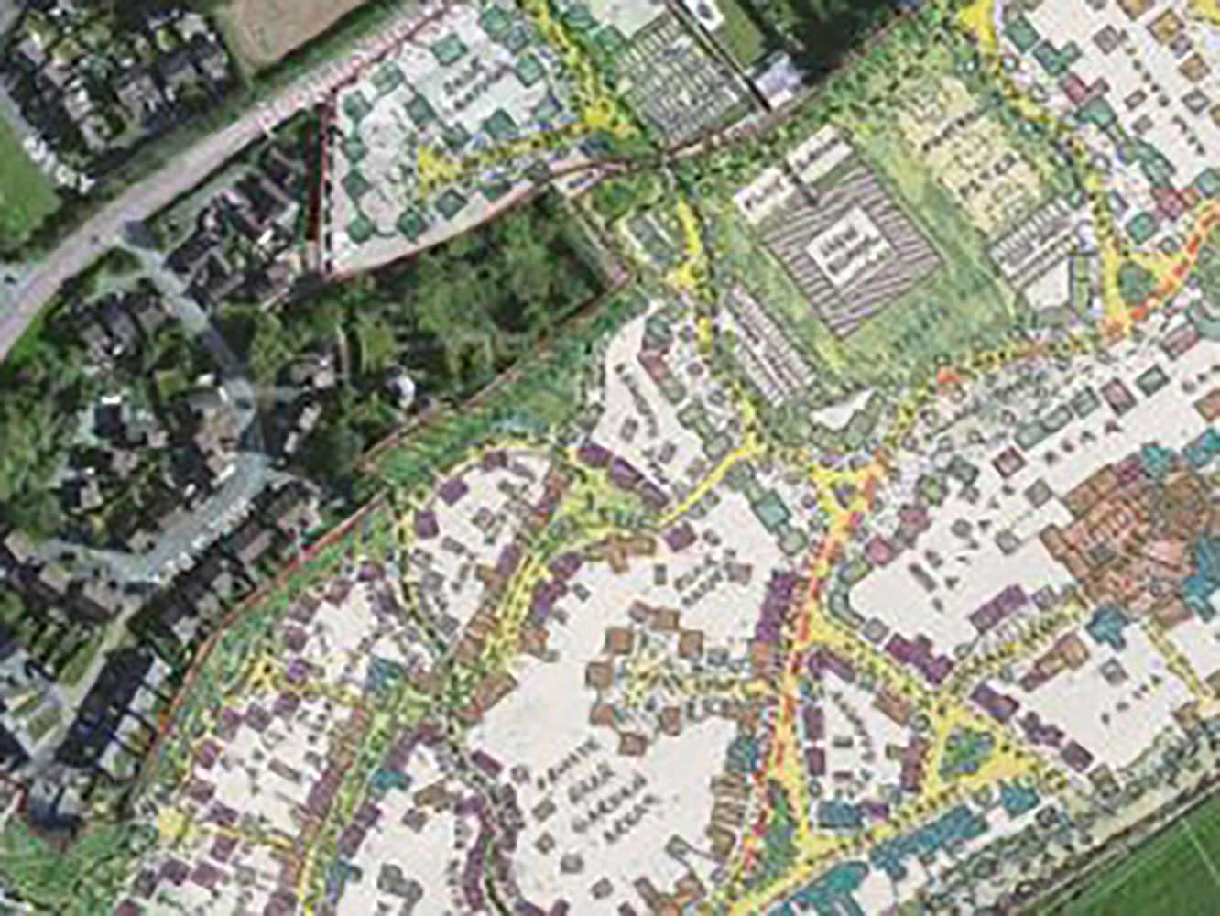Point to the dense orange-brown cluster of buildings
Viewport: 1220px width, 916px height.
click(1127, 513)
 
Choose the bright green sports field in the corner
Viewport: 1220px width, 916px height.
click(1154, 870)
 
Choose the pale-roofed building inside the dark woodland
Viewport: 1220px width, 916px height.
click(401, 385)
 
